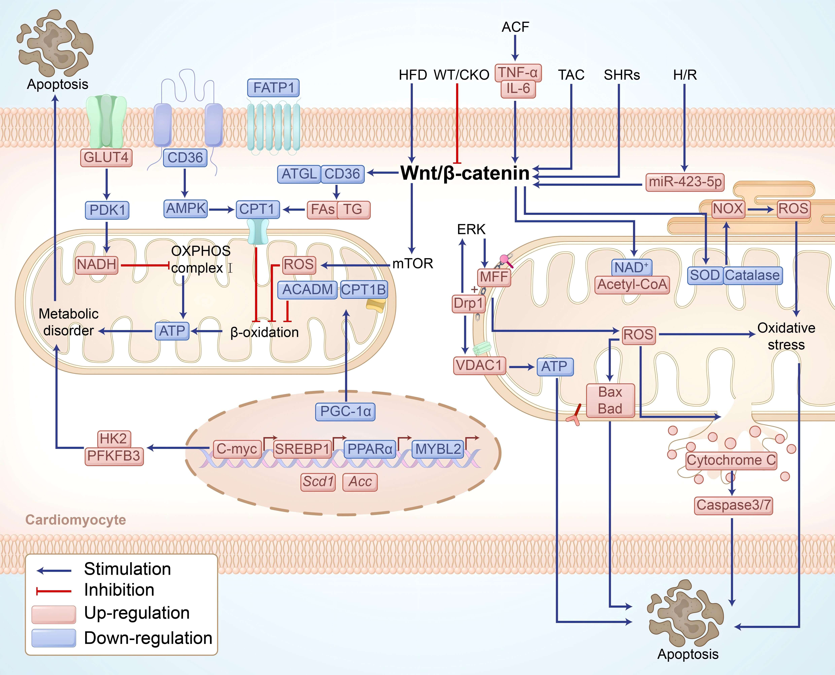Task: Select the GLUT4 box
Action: (106, 157)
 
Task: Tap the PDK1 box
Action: (107, 210)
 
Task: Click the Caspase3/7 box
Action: (733, 505)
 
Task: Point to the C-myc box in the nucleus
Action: (237, 449)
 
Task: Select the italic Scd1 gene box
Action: (318, 482)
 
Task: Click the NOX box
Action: (728, 209)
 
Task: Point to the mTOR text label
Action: (413, 264)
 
